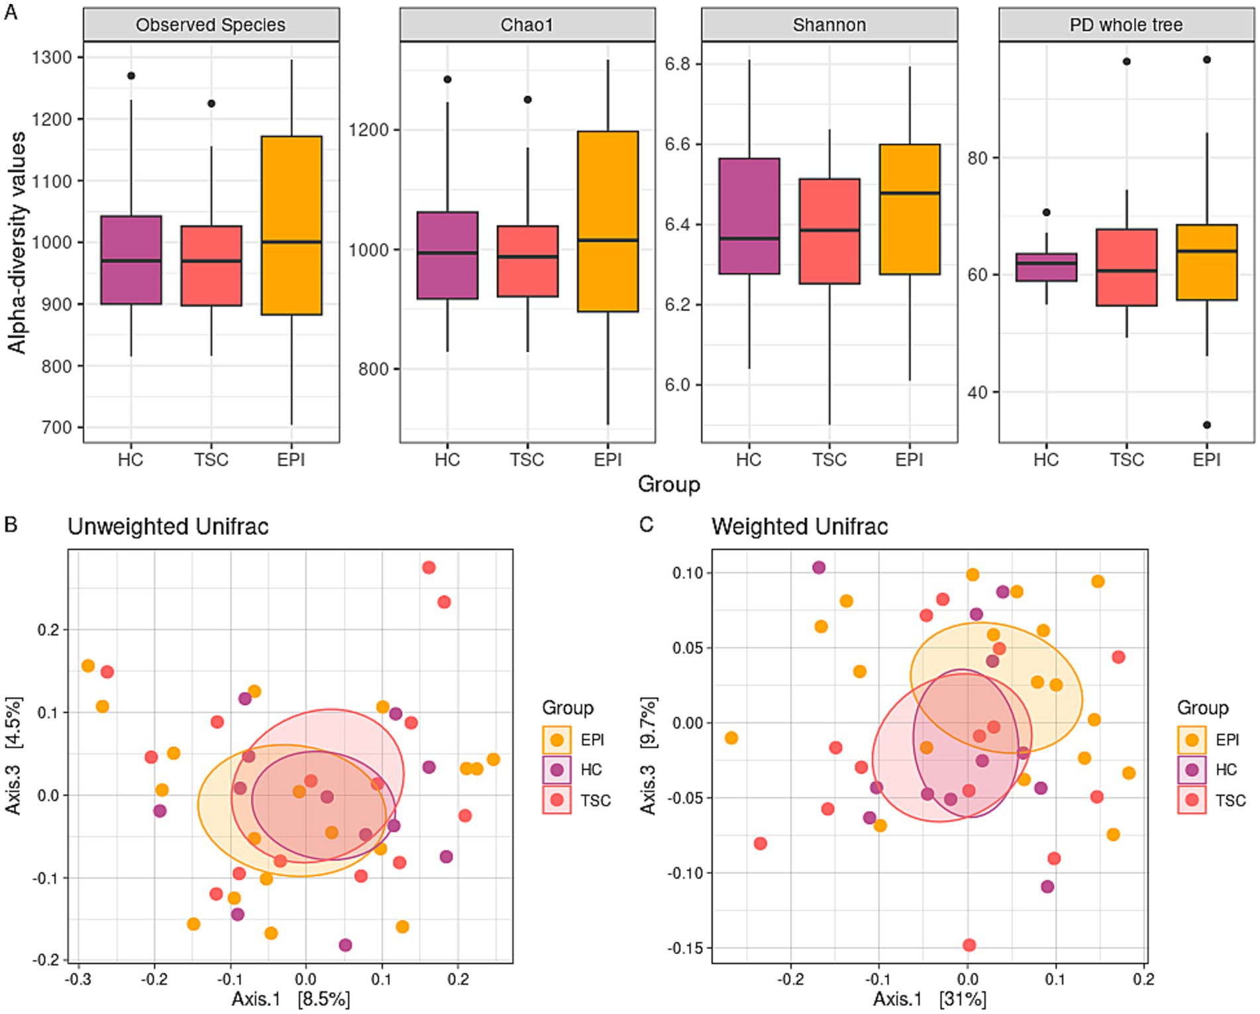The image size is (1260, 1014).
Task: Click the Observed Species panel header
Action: click(x=211, y=25)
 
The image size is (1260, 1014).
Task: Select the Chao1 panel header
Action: click(x=527, y=25)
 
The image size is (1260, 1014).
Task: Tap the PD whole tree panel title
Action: click(x=1126, y=25)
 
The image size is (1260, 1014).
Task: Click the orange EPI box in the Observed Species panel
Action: click(x=291, y=225)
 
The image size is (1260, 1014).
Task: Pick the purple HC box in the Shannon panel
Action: click(x=749, y=216)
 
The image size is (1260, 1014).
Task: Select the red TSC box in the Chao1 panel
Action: click(x=527, y=261)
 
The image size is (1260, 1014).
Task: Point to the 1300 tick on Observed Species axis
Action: click(x=52, y=58)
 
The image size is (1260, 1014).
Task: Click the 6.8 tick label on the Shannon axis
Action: click(x=677, y=64)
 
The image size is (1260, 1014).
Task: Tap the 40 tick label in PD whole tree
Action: click(x=977, y=392)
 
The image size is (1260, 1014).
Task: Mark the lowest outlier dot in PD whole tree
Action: click(x=1207, y=425)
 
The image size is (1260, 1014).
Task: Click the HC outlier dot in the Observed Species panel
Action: click(x=131, y=76)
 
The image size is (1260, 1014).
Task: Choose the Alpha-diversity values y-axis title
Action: click(x=17, y=243)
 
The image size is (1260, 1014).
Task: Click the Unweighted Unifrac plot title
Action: click(x=168, y=527)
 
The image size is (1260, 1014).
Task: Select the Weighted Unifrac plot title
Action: click(x=799, y=527)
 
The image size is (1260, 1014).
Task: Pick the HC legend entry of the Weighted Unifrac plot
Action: click(x=1208, y=769)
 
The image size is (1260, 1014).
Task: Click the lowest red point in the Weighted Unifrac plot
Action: click(x=969, y=944)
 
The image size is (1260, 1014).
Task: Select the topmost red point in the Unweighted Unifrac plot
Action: click(x=429, y=567)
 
